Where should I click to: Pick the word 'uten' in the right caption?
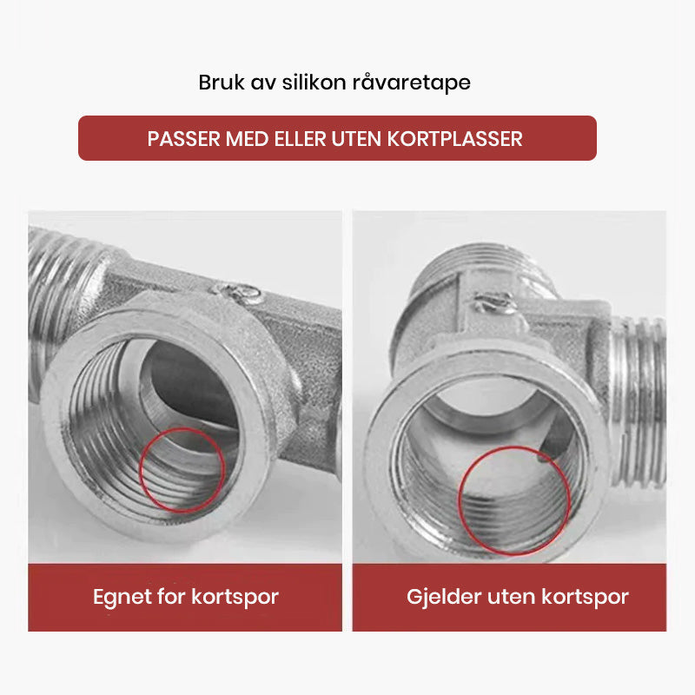pyautogui.click(x=511, y=598)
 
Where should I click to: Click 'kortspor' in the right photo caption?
pyautogui.click(x=585, y=598)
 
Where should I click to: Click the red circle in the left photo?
pyautogui.click(x=182, y=469)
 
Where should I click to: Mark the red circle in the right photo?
pyautogui.click(x=514, y=500)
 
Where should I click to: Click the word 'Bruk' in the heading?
pyautogui.click(x=222, y=83)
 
